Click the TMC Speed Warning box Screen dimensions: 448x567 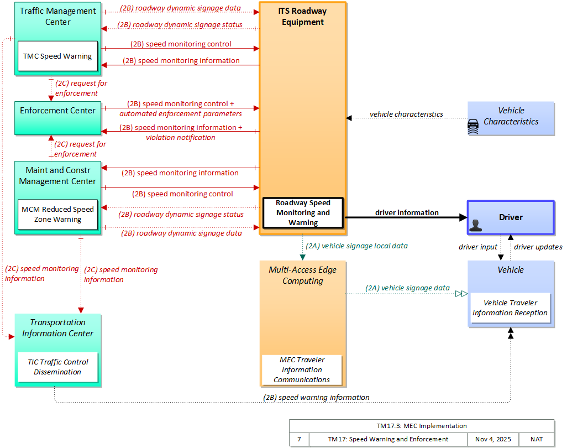(x=57, y=56)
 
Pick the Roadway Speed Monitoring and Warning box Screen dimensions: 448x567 (x=303, y=213)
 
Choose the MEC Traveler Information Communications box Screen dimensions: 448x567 (x=302, y=370)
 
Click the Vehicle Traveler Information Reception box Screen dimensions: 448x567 (x=510, y=308)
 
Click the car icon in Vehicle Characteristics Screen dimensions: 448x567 (x=473, y=127)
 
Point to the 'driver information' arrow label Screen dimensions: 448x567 (x=407, y=212)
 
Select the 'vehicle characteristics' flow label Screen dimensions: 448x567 (x=406, y=114)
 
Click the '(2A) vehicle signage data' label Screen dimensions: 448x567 (x=407, y=288)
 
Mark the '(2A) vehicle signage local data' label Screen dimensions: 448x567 (x=356, y=246)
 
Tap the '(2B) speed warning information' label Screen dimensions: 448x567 (x=316, y=397)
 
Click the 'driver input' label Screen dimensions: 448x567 (x=477, y=247)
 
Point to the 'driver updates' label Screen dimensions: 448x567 (x=538, y=247)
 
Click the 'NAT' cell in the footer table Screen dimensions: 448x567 (x=537, y=439)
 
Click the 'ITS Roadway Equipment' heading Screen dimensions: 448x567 (x=303, y=17)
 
